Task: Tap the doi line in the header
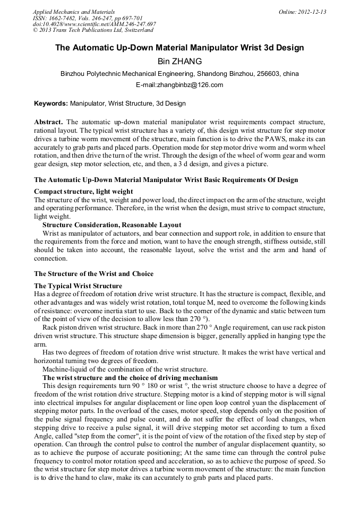pyautogui.click(x=95, y=24)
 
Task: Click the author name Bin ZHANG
pyautogui.click(x=179, y=62)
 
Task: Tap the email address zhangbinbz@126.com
pyautogui.click(x=179, y=85)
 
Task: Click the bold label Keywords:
pyautogui.click(x=51, y=103)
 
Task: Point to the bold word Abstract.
pyautogui.click(x=48, y=122)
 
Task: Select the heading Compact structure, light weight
pyautogui.click(x=83, y=191)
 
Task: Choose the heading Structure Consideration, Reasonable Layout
pyautogui.click(x=112, y=225)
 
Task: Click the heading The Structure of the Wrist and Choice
pyautogui.click(x=93, y=274)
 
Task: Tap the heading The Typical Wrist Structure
pyautogui.click(x=78, y=286)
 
